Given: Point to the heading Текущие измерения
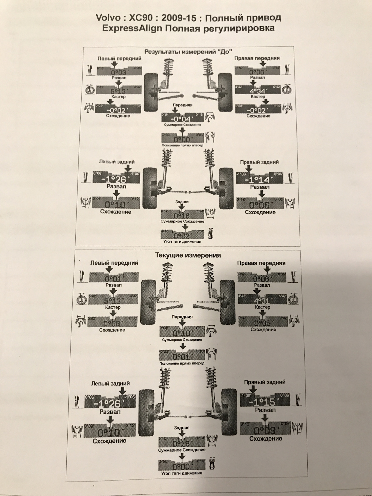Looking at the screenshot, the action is [188, 255].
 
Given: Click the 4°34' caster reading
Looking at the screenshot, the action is [258, 91].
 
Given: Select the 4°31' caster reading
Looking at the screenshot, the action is [262, 301].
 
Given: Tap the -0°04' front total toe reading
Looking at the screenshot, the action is [182, 119].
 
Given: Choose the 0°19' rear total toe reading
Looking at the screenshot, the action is [182, 444].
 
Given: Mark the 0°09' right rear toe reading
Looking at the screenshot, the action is [265, 430].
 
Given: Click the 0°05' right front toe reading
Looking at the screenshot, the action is [262, 323].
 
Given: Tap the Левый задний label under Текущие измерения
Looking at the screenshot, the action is [111, 384].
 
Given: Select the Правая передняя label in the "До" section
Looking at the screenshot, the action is [257, 58].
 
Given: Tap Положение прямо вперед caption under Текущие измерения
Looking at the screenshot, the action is [182, 363].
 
